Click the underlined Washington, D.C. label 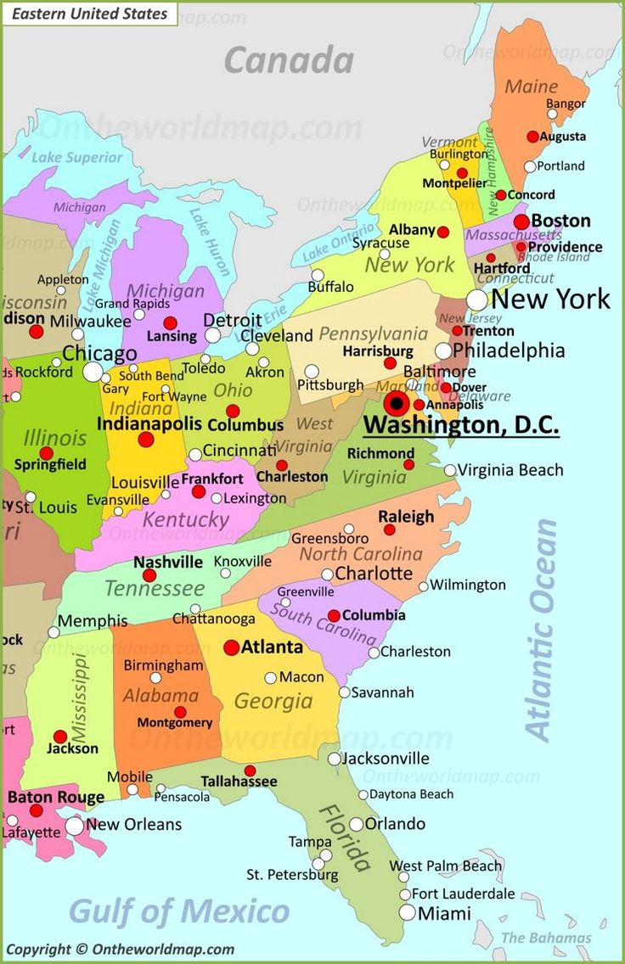(x=461, y=423)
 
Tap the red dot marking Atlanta (x=231, y=647)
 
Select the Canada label (x=289, y=60)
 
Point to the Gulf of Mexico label (x=178, y=911)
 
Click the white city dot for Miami (x=408, y=912)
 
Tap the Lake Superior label (x=77, y=157)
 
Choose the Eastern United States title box (x=89, y=14)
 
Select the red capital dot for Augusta (x=532, y=136)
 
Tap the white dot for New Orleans (x=75, y=826)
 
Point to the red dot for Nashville (x=149, y=575)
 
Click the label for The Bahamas (x=546, y=938)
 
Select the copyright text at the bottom (x=120, y=950)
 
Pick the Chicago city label (x=99, y=353)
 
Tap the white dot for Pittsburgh (x=312, y=372)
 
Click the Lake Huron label (x=209, y=241)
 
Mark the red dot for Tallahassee (x=249, y=770)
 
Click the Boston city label (x=560, y=221)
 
